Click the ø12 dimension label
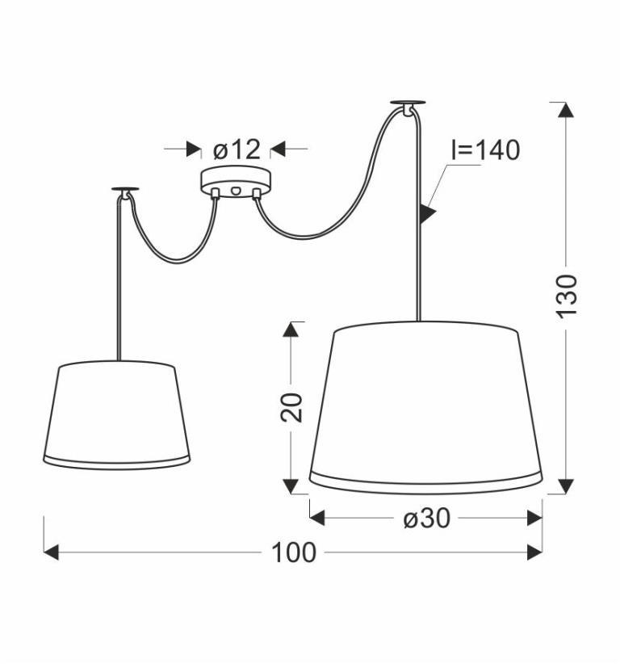coord(237,149)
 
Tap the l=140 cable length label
coord(485,149)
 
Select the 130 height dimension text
coord(566,296)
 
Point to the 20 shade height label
coord(291,407)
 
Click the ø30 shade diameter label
coord(426,518)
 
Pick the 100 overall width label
coord(293,553)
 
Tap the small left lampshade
coord(117,415)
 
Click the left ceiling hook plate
coord(125,189)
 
